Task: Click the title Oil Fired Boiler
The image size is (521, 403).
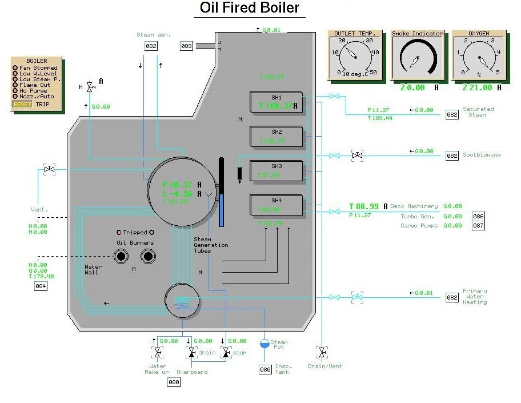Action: [x=250, y=8]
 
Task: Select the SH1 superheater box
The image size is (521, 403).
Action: [x=276, y=102]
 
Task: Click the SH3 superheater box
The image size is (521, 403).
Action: [x=276, y=171]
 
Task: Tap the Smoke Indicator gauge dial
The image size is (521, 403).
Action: [x=417, y=58]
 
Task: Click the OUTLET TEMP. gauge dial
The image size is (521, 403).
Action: [x=355, y=58]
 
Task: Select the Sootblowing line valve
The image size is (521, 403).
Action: [x=357, y=155]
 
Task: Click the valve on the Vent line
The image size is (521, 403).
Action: [x=49, y=169]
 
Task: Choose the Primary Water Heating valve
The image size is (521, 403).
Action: [x=357, y=297]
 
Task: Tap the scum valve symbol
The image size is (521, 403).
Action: [x=226, y=353]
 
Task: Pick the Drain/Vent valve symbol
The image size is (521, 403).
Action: [x=322, y=352]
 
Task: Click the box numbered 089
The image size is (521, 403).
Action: [x=187, y=46]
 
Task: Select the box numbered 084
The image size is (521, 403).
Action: [x=41, y=286]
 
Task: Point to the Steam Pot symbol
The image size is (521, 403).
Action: [x=265, y=343]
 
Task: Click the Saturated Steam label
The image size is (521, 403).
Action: [x=478, y=111]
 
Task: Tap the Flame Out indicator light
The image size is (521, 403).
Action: [x=15, y=85]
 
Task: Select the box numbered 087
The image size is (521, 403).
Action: [x=478, y=225]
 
